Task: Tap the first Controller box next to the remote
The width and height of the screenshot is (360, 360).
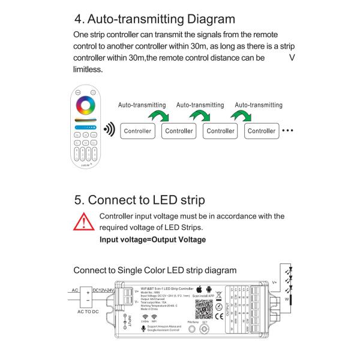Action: tap(137, 130)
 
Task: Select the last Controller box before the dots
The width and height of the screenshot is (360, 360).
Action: tap(262, 130)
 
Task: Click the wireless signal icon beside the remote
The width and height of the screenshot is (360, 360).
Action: tap(109, 130)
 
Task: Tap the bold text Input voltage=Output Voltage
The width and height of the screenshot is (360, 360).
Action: tap(152, 239)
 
